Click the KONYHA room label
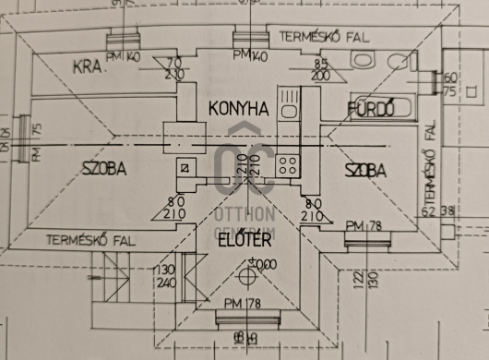pyautogui.click(x=238, y=109)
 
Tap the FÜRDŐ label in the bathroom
pyautogui.click(x=371, y=110)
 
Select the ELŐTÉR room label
pyautogui.click(x=244, y=241)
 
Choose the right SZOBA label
pyautogui.click(x=365, y=171)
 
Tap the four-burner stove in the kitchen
pyautogui.click(x=288, y=166)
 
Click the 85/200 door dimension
pyautogui.click(x=322, y=70)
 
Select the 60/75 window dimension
pyautogui.click(x=450, y=84)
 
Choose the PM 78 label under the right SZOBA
pyautogui.click(x=364, y=225)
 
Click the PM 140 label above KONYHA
pyautogui.click(x=250, y=56)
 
